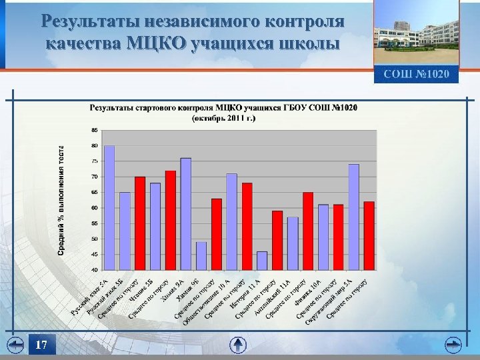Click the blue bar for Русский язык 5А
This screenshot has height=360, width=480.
pos(109,207)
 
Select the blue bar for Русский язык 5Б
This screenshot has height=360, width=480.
pos(125,231)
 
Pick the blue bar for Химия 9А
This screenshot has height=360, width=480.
pos(186,213)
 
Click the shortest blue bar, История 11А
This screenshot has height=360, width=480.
pos(262,261)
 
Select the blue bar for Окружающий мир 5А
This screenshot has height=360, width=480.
pos(353,217)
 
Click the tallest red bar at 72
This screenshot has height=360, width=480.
pos(171,220)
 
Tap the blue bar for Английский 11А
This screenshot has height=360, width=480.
pos(293,243)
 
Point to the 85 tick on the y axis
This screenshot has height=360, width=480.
pos(95,130)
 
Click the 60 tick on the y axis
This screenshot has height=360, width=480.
pos(95,208)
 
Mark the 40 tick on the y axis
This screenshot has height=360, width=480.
pos(95,270)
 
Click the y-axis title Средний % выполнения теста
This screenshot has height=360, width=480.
pos(61,200)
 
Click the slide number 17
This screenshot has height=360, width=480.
pos(41,345)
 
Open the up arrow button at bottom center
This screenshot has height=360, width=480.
pos(239,345)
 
